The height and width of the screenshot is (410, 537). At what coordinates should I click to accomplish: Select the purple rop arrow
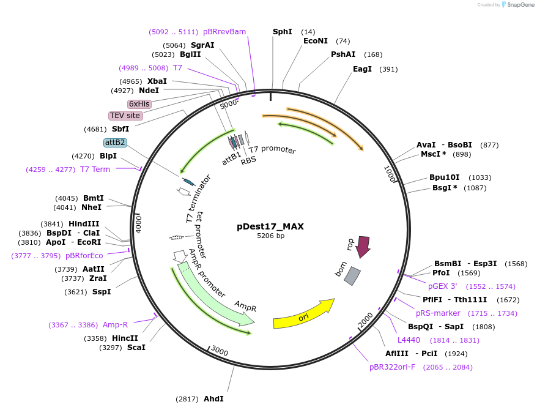coord(363,246)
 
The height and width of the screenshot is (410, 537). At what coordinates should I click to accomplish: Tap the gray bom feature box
coord(352,277)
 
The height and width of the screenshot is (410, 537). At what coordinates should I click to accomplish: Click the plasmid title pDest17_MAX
coord(270,226)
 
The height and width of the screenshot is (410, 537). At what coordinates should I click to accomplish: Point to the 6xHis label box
coord(139,104)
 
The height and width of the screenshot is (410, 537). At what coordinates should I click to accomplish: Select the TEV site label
coord(125,116)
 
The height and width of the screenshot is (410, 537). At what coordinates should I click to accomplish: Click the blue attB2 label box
coord(115,143)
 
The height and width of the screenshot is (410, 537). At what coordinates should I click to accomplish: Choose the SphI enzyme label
coord(283,31)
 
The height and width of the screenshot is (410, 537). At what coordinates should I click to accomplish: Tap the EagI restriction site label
coord(362,69)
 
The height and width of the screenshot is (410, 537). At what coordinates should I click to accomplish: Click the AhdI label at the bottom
coord(213,399)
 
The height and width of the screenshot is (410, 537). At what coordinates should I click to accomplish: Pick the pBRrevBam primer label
coord(224,32)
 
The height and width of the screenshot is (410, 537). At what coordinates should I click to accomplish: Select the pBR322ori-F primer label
coord(392,367)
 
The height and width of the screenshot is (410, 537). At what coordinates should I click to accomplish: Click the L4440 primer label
coord(409,340)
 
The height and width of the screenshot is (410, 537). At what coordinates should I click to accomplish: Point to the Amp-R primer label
coord(116,325)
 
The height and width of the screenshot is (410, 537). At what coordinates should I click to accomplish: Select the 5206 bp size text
coord(270,236)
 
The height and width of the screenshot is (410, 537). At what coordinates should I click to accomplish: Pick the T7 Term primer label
coord(95,170)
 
